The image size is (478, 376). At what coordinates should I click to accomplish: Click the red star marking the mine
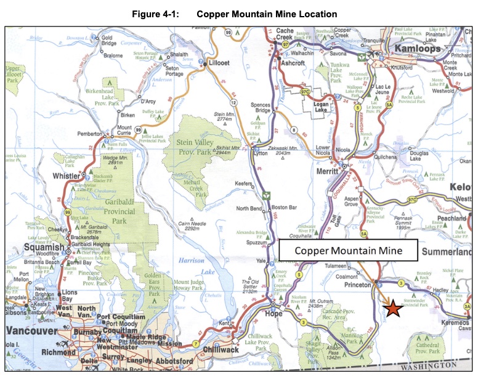tap(393, 309)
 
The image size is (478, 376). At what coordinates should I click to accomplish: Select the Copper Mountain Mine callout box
tap(348, 251)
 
